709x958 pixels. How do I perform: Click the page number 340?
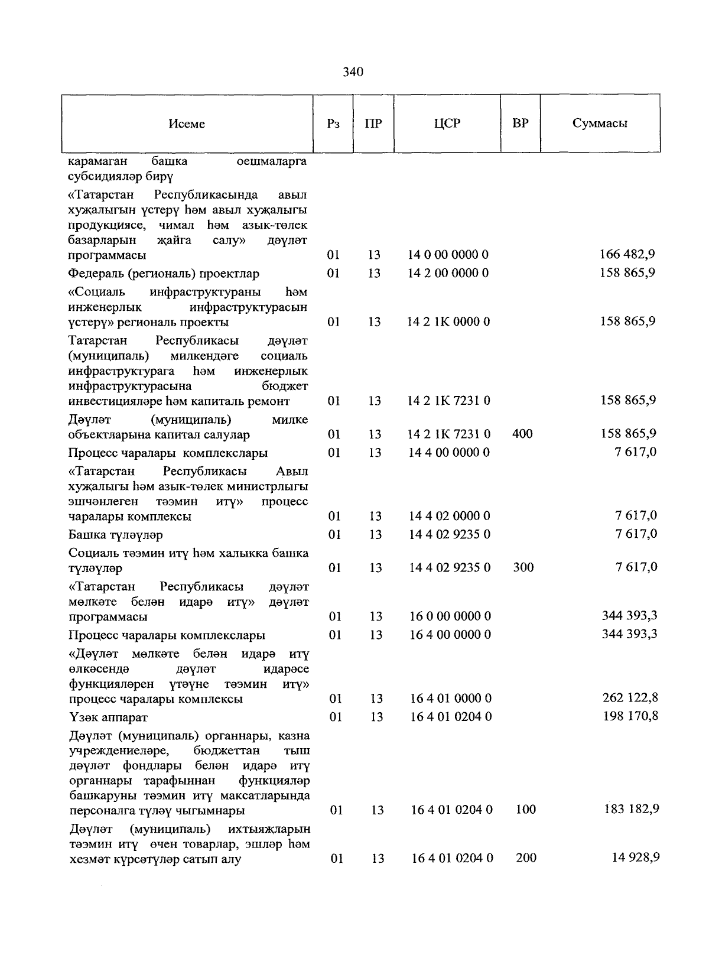[x=353, y=72]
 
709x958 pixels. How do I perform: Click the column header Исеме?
[x=187, y=124]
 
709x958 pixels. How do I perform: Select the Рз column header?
[x=333, y=124]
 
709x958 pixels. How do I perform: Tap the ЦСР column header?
[x=447, y=124]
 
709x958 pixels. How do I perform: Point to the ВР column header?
[x=521, y=124]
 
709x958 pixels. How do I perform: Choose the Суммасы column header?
[x=600, y=124]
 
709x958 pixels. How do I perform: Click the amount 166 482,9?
[x=627, y=255]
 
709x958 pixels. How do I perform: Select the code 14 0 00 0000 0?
[x=448, y=255]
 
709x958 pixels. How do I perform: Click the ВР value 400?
[x=522, y=434]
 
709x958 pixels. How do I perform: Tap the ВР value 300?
[x=523, y=567]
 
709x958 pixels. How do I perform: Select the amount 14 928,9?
[x=635, y=858]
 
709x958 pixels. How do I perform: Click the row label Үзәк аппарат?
[x=108, y=717]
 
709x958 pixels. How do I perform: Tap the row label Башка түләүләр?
[x=115, y=535]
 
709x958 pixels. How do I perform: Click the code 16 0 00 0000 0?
[x=450, y=616]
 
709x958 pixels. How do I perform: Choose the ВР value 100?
[x=525, y=810]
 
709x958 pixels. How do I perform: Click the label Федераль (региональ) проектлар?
[x=164, y=274]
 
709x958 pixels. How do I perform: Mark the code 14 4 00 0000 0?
[x=450, y=453]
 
